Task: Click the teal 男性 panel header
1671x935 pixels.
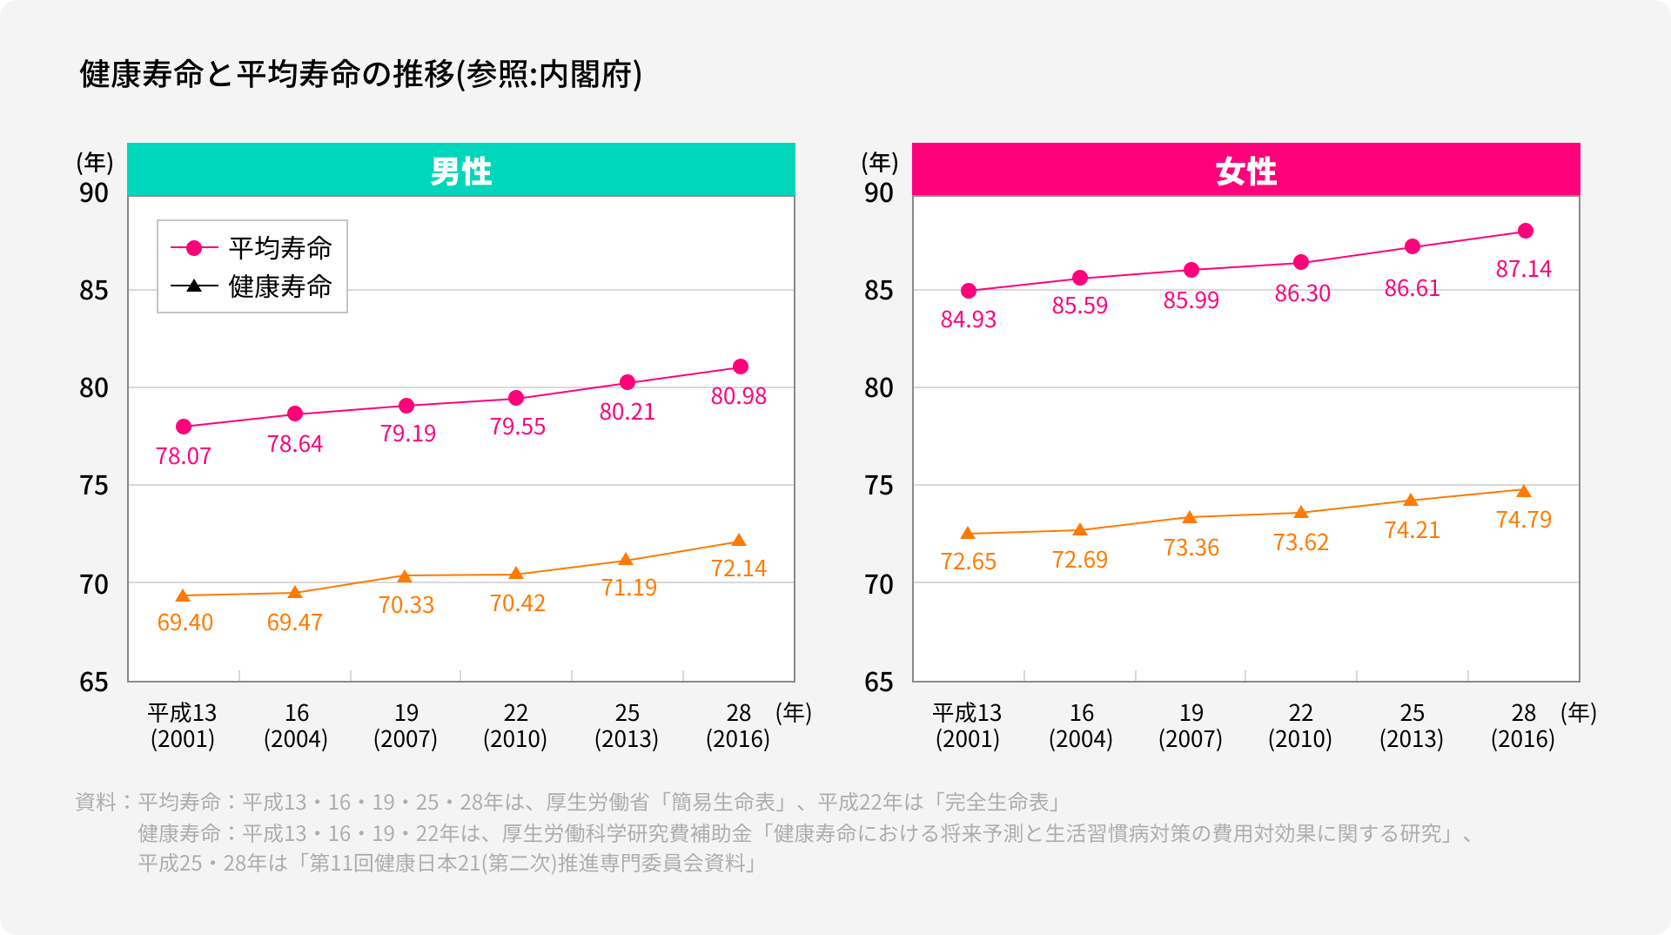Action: click(460, 170)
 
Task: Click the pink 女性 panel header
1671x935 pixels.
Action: click(1245, 170)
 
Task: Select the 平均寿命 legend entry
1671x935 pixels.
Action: click(252, 248)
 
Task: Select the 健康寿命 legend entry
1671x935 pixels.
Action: click(252, 286)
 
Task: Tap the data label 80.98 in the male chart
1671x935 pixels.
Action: click(738, 396)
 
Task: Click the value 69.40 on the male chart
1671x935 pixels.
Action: click(185, 622)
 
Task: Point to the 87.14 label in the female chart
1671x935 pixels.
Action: click(1523, 269)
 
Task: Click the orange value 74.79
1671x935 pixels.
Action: click(1523, 520)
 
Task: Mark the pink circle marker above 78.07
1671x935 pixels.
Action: click(184, 427)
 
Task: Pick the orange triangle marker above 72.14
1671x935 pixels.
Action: click(739, 541)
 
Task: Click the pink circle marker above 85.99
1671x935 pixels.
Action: click(1191, 270)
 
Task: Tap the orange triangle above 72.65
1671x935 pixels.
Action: click(968, 533)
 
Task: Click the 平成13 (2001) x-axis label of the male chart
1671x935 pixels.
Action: click(182, 725)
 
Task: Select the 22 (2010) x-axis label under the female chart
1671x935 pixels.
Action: click(1299, 725)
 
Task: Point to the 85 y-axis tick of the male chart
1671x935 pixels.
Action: click(94, 291)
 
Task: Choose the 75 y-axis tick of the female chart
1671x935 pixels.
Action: click(879, 486)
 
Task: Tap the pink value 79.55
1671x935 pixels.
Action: click(517, 427)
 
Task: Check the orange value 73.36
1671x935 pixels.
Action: click(1191, 548)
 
